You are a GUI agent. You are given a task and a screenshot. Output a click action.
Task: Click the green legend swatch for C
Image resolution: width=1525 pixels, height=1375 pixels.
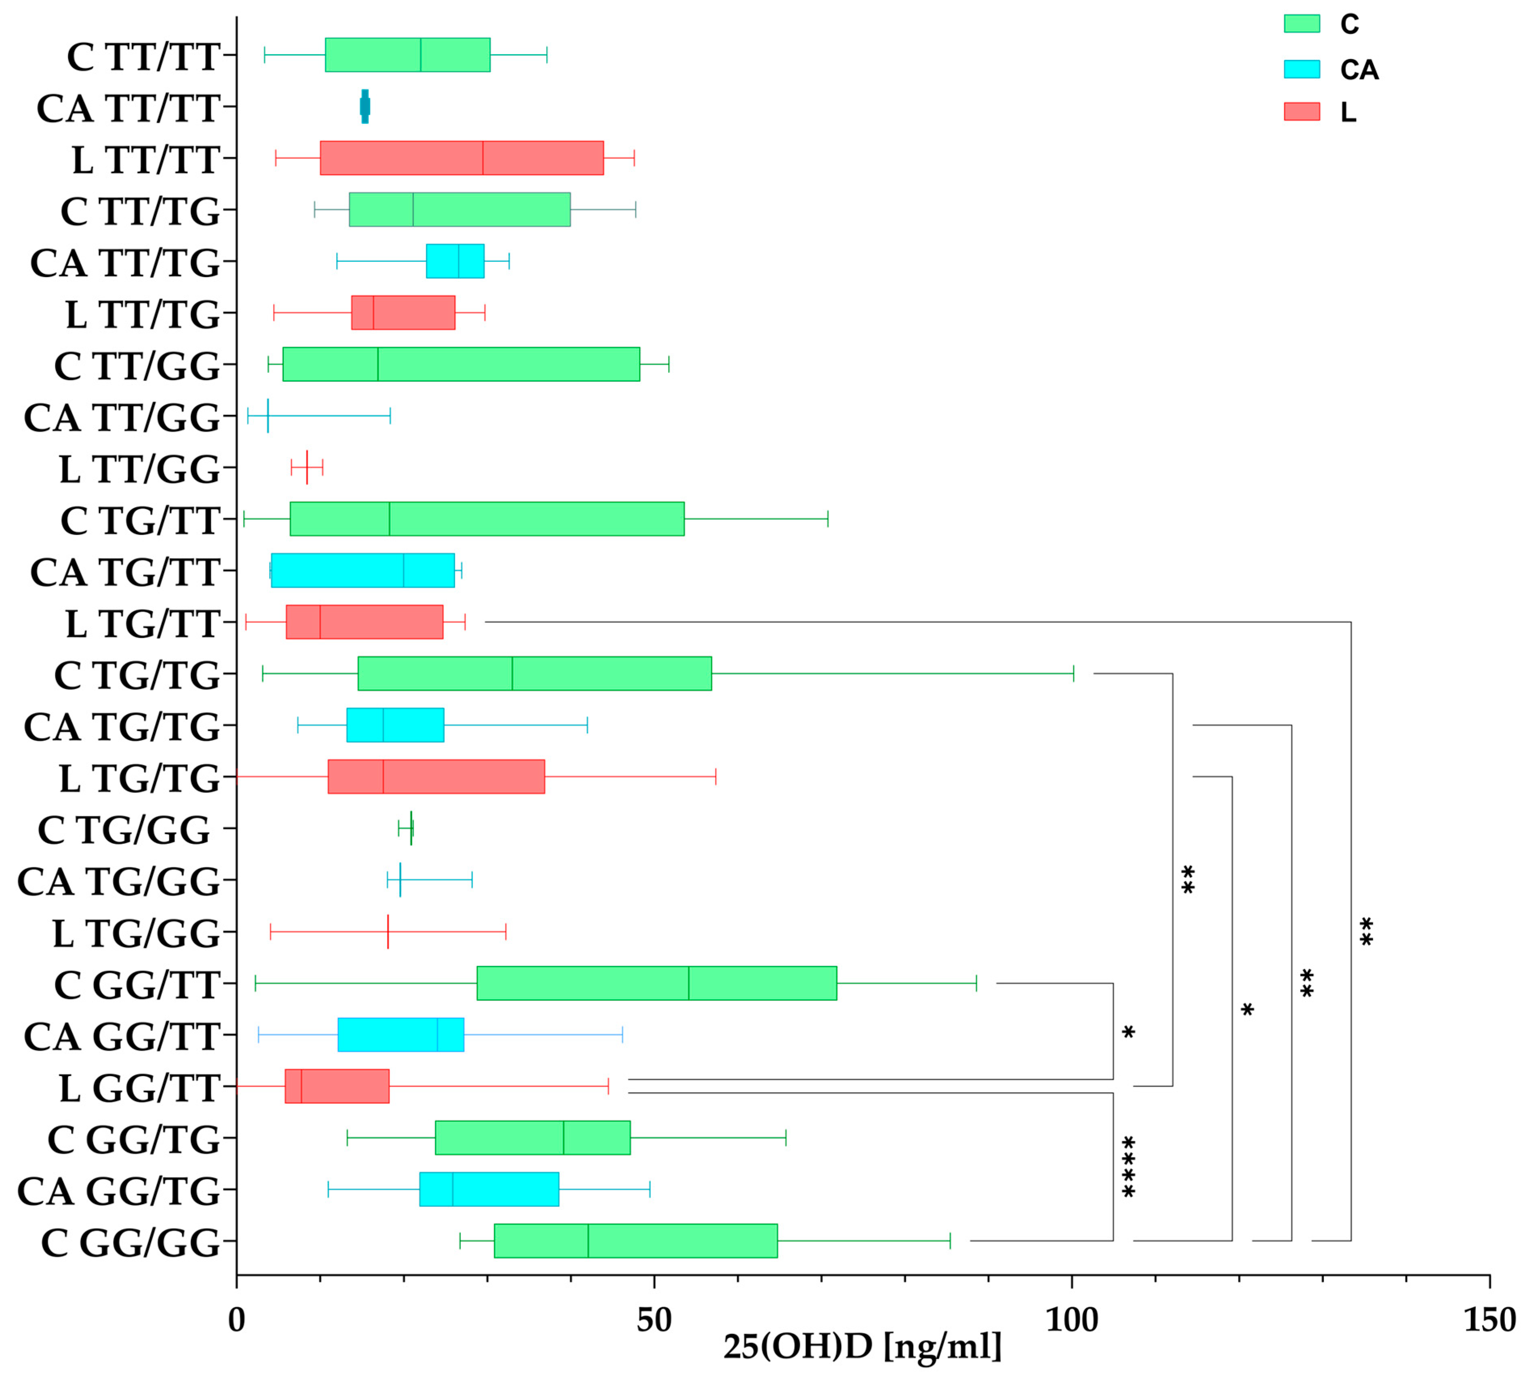[x=1301, y=23]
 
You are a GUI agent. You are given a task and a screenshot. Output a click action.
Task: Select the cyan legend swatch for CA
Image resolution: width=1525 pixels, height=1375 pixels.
[x=1301, y=69]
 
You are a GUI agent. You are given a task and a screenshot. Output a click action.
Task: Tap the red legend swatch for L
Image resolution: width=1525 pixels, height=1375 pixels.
[x=1301, y=112]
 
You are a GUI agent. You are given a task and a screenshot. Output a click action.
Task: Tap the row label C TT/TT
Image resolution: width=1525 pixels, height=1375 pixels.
[x=143, y=57]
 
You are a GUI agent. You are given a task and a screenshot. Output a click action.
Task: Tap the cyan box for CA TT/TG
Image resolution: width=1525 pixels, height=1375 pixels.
[x=455, y=261]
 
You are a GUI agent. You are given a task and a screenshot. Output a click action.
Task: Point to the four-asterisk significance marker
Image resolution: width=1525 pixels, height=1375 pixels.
[x=1128, y=1167]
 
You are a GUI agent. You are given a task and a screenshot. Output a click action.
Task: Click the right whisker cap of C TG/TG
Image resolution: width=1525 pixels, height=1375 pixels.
[x=1073, y=673]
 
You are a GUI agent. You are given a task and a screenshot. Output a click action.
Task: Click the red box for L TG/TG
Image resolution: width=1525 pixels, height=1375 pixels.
[x=436, y=777]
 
